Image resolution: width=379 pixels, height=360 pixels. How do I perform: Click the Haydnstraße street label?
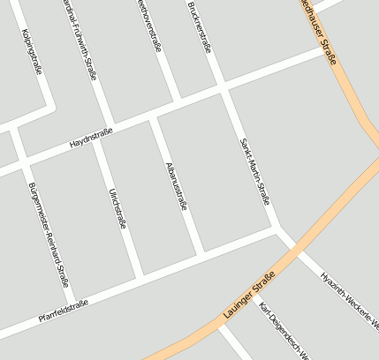point(91,139)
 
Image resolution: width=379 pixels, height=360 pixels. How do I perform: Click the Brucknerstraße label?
point(200,26)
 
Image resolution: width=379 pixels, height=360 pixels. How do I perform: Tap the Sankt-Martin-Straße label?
point(254,171)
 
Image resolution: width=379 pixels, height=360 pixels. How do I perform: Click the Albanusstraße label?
point(177,186)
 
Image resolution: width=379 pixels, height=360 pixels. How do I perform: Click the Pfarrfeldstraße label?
point(63,310)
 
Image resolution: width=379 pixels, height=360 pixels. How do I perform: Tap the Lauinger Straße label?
point(250,294)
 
